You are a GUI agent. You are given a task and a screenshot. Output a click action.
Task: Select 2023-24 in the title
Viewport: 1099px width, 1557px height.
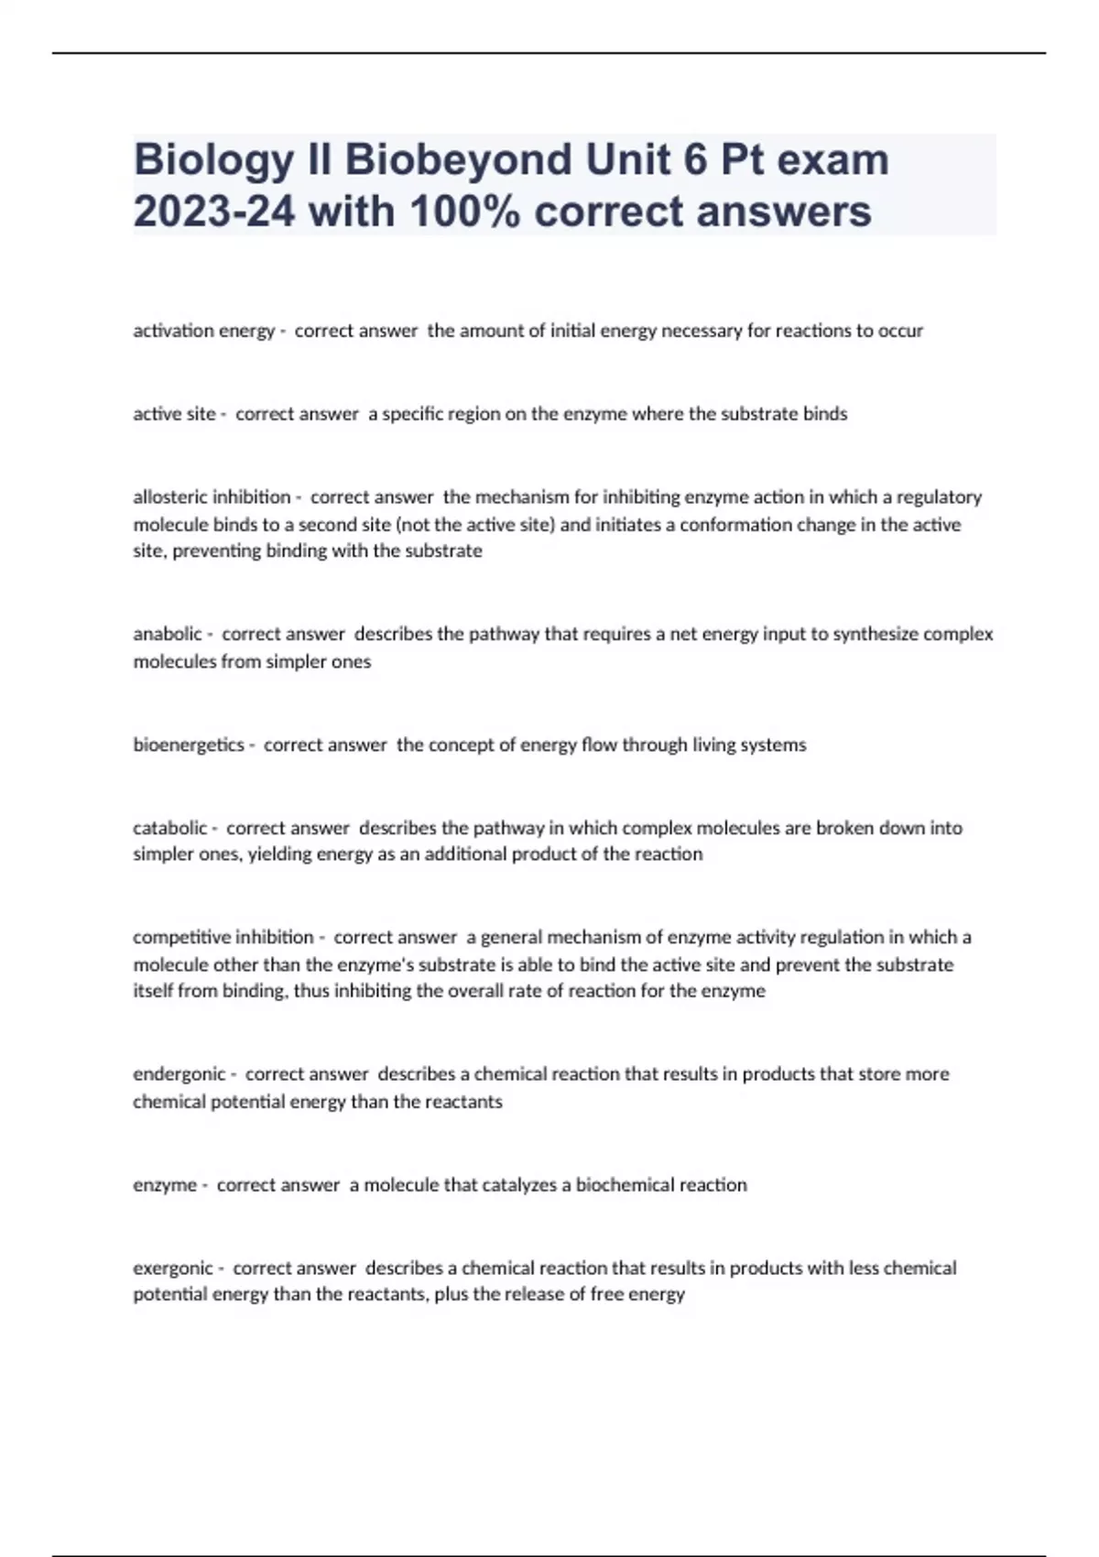[x=214, y=212]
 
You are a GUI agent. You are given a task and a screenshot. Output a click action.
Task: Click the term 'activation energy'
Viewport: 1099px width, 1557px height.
[x=203, y=331]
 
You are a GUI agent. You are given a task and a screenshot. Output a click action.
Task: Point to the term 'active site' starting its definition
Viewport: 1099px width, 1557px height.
[x=174, y=414]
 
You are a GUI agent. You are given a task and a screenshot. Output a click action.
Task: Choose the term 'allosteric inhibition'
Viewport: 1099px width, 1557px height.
[x=212, y=497]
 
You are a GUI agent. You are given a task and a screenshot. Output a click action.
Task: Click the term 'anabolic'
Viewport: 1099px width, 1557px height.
[x=167, y=634]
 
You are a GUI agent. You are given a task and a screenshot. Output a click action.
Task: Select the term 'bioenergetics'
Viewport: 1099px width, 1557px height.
[x=189, y=745]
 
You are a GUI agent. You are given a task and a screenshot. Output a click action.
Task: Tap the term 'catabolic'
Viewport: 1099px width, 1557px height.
[x=169, y=828]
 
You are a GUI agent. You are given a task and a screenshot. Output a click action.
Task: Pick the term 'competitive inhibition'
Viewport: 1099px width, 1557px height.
[x=223, y=937]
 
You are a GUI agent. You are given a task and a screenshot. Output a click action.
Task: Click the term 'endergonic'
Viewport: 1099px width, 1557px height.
[x=179, y=1073]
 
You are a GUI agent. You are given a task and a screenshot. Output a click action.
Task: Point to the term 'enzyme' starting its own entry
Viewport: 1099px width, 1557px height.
[x=165, y=1184]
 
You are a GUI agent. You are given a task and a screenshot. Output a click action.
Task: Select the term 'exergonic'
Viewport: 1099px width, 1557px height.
[x=173, y=1268]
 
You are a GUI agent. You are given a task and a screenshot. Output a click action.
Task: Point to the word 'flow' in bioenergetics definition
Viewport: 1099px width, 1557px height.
[x=599, y=745]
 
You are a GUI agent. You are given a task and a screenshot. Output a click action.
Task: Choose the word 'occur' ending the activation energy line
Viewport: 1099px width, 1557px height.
[x=900, y=331]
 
